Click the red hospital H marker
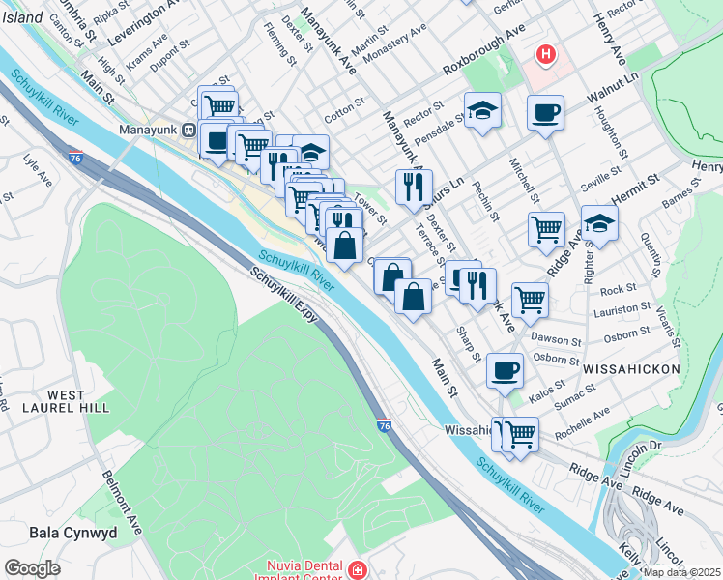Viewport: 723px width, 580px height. click(546, 55)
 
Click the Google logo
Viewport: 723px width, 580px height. click(32, 568)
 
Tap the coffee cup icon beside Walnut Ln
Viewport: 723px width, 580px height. click(545, 112)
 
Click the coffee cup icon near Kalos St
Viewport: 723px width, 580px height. click(504, 371)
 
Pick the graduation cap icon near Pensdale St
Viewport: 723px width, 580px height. click(482, 111)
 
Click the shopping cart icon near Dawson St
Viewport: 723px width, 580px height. click(530, 300)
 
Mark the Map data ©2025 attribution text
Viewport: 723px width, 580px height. click(681, 572)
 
